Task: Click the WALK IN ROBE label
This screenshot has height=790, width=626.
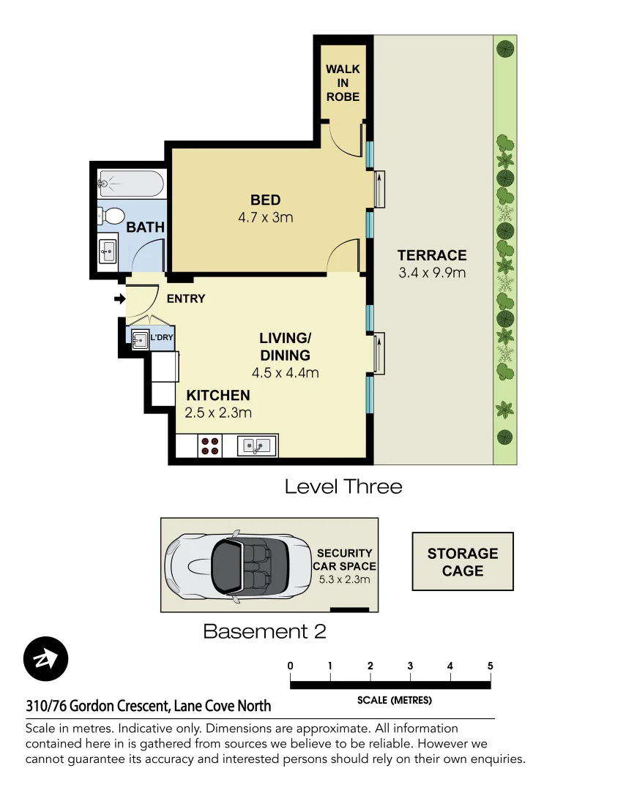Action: pos(343,83)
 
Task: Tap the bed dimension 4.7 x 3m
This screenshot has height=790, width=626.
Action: pos(265,217)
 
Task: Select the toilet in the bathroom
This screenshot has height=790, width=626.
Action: pos(112,216)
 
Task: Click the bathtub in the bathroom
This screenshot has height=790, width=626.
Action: pos(130,183)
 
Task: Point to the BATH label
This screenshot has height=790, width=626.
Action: pos(145,227)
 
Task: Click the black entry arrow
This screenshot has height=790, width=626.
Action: pos(119,298)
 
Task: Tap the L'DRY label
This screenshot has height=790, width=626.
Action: pos(161,337)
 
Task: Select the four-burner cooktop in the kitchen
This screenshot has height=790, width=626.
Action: pos(210,445)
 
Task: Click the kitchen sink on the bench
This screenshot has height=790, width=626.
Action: pos(257,445)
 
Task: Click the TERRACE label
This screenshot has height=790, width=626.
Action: pos(432,255)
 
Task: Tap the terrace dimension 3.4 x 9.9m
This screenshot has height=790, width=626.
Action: pos(432,274)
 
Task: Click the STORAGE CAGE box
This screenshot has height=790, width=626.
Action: pos(463,562)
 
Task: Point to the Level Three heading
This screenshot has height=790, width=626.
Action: pos(343,486)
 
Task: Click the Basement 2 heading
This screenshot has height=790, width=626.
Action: pos(264,631)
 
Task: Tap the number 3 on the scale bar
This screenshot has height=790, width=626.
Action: pos(410,666)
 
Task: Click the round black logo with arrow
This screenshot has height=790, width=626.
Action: pos(45,659)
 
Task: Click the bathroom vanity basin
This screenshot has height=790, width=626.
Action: pos(108,251)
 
